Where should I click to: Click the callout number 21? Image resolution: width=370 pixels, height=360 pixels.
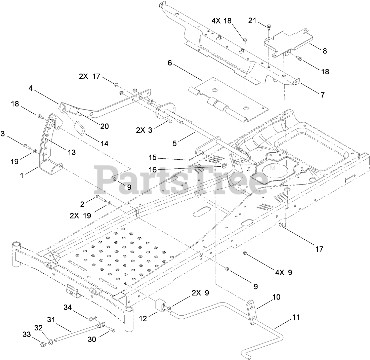pyautogui.click(x=252, y=21)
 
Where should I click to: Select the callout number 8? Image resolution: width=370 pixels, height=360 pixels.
pyautogui.click(x=324, y=51)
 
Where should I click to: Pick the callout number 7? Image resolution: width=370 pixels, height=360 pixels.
pyautogui.click(x=322, y=95)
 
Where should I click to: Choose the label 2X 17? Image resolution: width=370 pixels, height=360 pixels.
pyautogui.click(x=89, y=76)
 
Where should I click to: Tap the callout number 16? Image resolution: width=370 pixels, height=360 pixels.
pyautogui.click(x=153, y=170)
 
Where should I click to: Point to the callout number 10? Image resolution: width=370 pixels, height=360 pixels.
pyautogui.click(x=276, y=297)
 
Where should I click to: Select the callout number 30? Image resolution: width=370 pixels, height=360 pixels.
pyautogui.click(x=92, y=339)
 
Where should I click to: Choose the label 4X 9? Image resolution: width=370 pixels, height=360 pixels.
pyautogui.click(x=283, y=272)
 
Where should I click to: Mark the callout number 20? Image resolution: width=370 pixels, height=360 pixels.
pyautogui.click(x=105, y=126)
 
